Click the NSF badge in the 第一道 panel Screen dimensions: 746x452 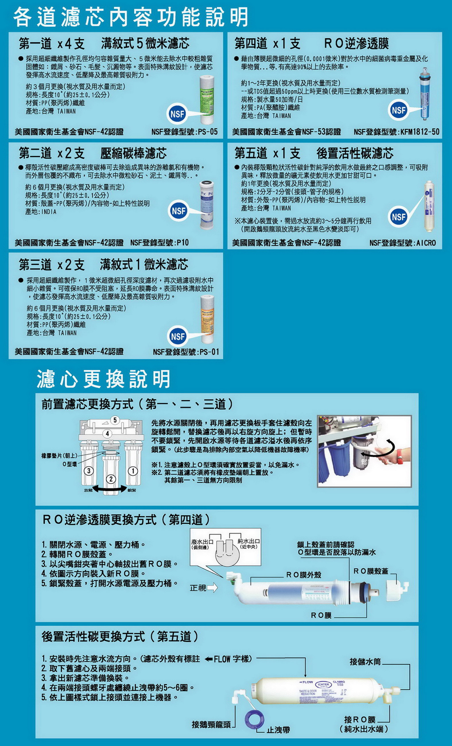pos(177,114)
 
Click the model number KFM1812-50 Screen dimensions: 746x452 pos(420,132)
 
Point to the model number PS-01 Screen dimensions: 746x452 pos(209,352)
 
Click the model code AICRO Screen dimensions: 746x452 pos(426,243)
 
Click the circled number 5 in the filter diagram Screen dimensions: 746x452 pos(115,420)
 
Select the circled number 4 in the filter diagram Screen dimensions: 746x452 pos(107,434)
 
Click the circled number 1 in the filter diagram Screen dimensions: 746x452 pos(133,470)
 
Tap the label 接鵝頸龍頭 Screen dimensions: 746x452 pos(211,724)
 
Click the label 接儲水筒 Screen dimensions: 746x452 pos(365,662)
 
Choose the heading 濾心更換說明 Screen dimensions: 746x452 pos(103,379)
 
